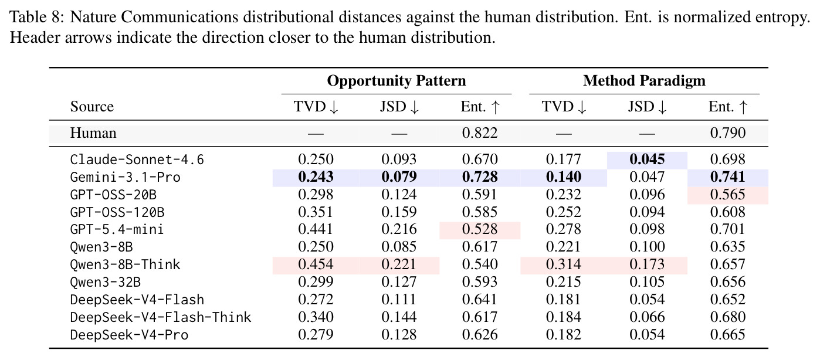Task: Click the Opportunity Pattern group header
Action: pyautogui.click(x=396, y=80)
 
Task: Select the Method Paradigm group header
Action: pyautogui.click(x=644, y=80)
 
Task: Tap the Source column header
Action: pyautogui.click(x=92, y=107)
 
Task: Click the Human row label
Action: pyautogui.click(x=93, y=133)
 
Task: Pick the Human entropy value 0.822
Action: pyautogui.click(x=480, y=133)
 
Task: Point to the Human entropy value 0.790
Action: pyautogui.click(x=727, y=133)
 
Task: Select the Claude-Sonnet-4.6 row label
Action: pyautogui.click(x=137, y=159)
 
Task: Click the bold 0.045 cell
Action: pyautogui.click(x=647, y=159)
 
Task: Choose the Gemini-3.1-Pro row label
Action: pyautogui.click(x=125, y=177)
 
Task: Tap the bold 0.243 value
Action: pyautogui.click(x=316, y=176)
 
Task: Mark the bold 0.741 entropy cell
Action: pyautogui.click(x=727, y=176)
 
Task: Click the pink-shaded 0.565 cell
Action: pyautogui.click(x=727, y=194)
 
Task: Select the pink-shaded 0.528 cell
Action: pyautogui.click(x=480, y=229)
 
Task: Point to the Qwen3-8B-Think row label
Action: pyautogui.click(x=125, y=264)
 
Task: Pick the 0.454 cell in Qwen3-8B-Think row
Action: pyautogui.click(x=316, y=264)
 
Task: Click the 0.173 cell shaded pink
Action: pyautogui.click(x=647, y=264)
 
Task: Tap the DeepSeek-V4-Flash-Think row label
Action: pyautogui.click(x=161, y=317)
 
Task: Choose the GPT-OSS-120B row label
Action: pyautogui.click(x=117, y=212)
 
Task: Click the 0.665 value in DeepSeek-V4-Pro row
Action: pyautogui.click(x=727, y=334)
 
